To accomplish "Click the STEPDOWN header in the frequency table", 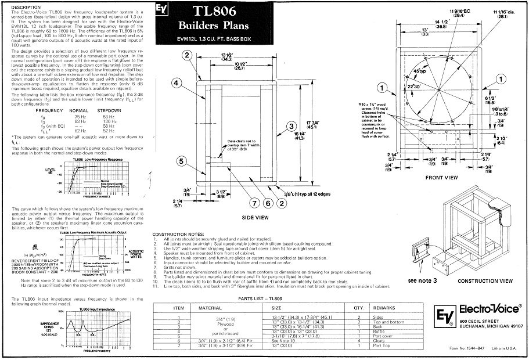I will (x=108, y=110).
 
